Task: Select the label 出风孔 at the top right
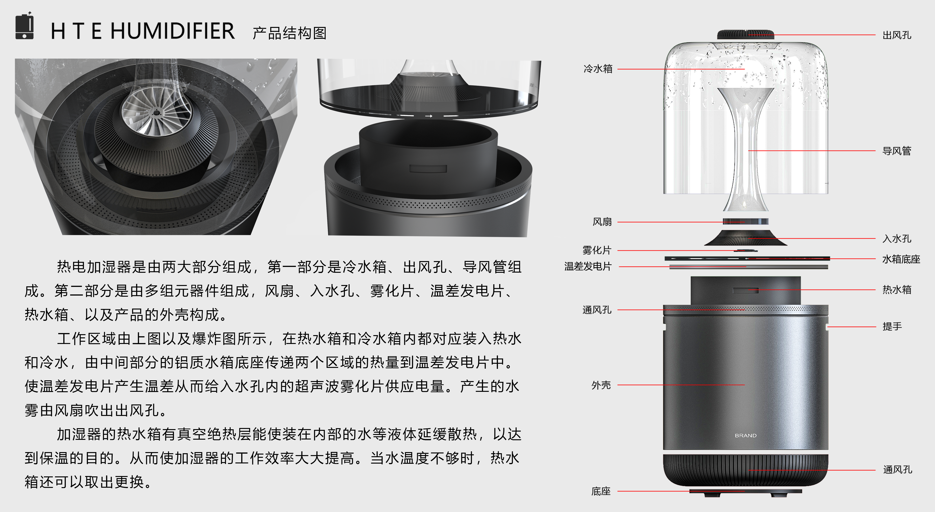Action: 897,35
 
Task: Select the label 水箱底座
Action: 901,259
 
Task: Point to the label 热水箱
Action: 897,290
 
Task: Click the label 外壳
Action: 601,385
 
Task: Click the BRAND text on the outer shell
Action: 746,436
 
